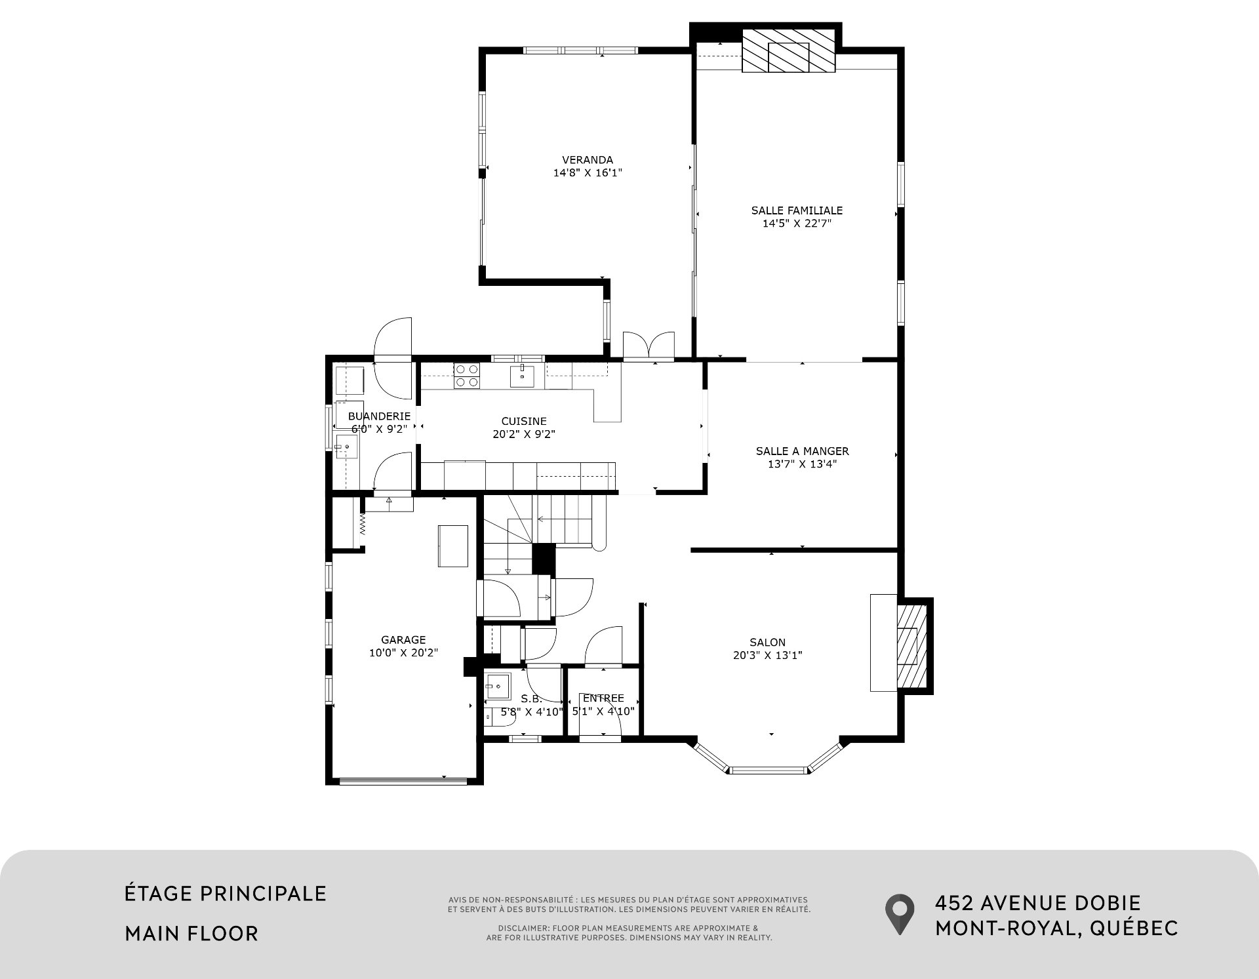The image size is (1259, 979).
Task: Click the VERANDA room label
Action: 588,160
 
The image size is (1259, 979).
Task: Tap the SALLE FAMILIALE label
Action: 797,210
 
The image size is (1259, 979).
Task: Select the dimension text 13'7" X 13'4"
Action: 802,464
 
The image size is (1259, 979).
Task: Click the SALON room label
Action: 767,643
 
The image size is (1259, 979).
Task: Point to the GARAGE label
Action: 403,640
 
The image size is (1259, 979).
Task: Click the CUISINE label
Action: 524,422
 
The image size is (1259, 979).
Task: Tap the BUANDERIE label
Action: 379,416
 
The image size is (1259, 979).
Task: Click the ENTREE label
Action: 603,698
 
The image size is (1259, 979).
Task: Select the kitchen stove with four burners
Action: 466,375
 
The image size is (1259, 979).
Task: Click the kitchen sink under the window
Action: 522,376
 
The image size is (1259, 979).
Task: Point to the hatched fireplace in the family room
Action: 789,50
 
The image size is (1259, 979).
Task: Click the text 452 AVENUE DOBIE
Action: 1038,903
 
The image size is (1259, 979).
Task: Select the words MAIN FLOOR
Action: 191,933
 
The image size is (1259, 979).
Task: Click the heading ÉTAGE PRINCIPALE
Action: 226,893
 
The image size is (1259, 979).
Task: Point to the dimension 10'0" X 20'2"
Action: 403,653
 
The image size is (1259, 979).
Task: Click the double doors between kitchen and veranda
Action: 649,346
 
